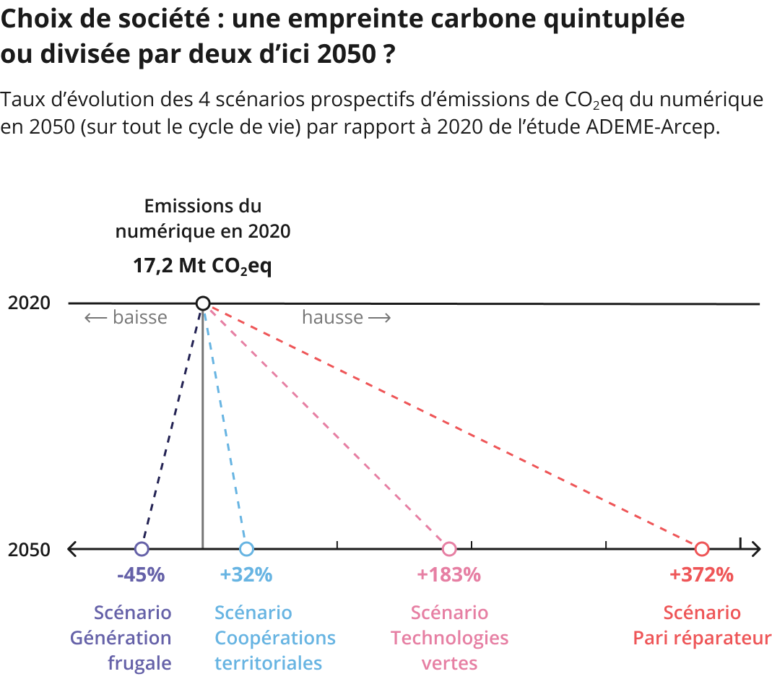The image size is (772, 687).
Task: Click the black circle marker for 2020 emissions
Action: point(203,303)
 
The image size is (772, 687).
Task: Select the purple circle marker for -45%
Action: point(142,549)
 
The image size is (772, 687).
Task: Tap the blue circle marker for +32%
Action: point(246,549)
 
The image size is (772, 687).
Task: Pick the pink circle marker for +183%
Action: point(449,549)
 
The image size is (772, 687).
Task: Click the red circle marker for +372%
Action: point(702,549)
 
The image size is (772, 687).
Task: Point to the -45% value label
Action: point(141,575)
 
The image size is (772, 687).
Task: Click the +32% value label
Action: point(246,575)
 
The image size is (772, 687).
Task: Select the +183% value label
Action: point(448,575)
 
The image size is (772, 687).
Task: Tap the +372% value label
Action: point(701,575)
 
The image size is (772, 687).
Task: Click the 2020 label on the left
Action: point(29,303)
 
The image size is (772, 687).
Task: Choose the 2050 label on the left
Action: point(29,550)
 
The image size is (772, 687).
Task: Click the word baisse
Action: point(139,318)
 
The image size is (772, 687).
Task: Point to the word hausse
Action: point(332,318)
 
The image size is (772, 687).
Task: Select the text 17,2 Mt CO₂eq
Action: point(202,266)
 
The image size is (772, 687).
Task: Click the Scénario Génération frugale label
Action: point(121,638)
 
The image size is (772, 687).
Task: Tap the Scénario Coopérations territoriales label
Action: point(274,638)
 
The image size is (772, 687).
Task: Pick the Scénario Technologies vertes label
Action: point(449,638)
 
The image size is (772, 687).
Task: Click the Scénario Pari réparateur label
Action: point(702,626)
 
